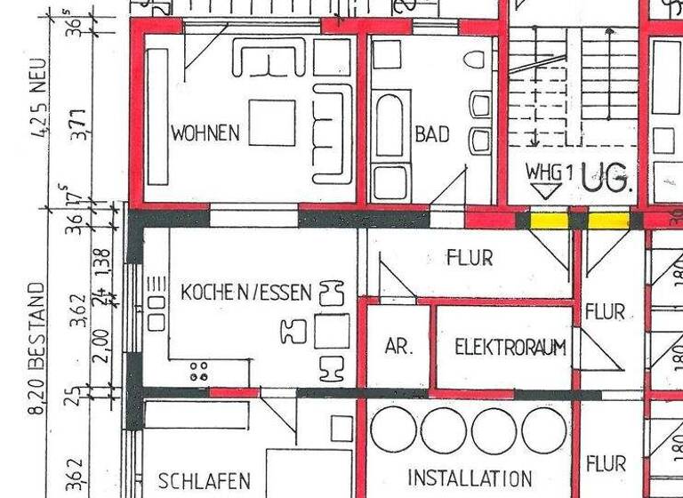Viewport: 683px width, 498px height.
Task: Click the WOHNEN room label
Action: click(x=205, y=133)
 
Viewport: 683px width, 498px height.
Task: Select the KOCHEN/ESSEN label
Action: click(x=246, y=292)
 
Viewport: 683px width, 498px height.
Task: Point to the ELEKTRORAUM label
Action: click(x=510, y=347)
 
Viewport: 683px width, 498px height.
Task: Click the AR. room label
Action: click(x=398, y=347)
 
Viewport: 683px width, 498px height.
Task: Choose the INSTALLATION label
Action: click(x=470, y=478)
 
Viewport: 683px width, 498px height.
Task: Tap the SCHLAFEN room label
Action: click(x=203, y=481)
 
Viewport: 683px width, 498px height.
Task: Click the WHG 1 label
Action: click(x=544, y=171)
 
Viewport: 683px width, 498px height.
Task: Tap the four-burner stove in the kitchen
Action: click(x=199, y=371)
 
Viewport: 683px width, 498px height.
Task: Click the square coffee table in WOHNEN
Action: click(x=271, y=122)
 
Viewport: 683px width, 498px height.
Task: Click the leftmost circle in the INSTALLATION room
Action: click(x=392, y=430)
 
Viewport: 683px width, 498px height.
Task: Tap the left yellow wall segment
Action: click(x=549, y=220)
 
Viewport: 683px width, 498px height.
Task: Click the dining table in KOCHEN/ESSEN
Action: click(x=332, y=330)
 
